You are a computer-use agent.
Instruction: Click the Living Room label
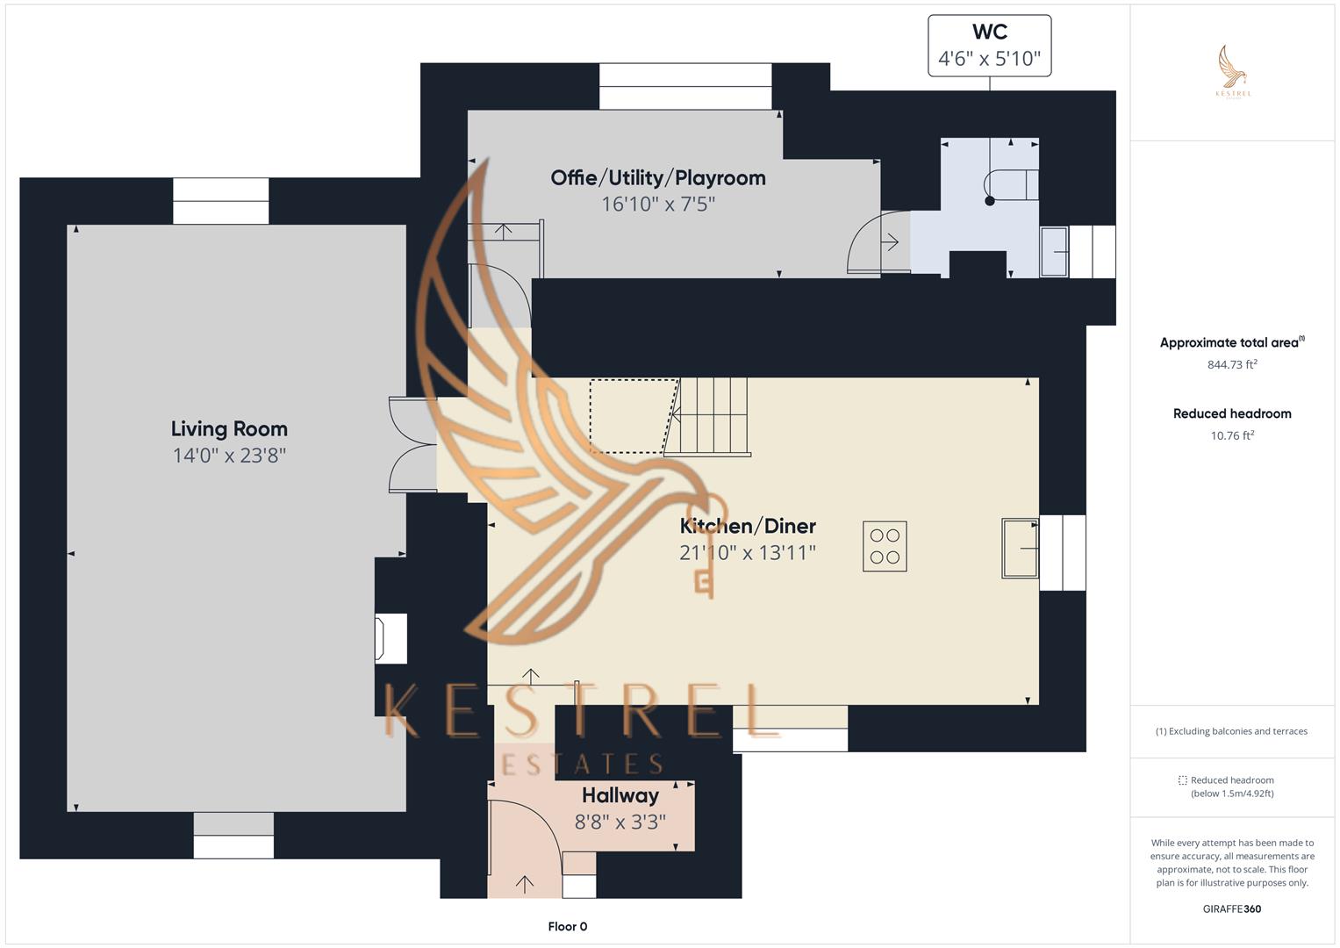pyautogui.click(x=229, y=429)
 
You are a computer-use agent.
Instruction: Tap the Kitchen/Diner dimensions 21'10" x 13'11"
pyautogui.click(x=748, y=553)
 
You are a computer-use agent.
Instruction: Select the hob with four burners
pyautogui.click(x=885, y=547)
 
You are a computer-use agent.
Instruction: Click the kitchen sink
pyautogui.click(x=1020, y=548)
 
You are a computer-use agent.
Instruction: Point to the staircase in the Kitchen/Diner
pyautogui.click(x=711, y=416)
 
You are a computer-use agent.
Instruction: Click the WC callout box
pyautogui.click(x=989, y=46)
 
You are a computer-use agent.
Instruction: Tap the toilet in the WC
pyautogui.click(x=1009, y=186)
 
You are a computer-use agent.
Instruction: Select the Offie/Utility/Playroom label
pyautogui.click(x=658, y=178)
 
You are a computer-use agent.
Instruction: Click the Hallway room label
pyautogui.click(x=620, y=796)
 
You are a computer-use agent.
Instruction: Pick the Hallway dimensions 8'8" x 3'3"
pyautogui.click(x=620, y=822)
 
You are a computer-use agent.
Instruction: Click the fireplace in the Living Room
pyautogui.click(x=391, y=638)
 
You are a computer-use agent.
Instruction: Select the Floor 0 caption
pyautogui.click(x=568, y=927)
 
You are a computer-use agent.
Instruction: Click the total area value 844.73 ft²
pyautogui.click(x=1232, y=365)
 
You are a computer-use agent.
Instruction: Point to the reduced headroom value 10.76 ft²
pyautogui.click(x=1232, y=436)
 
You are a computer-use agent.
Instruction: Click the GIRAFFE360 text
pyautogui.click(x=1231, y=909)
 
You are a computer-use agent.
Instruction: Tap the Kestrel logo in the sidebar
pyautogui.click(x=1233, y=72)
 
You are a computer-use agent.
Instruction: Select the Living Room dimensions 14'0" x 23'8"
pyautogui.click(x=229, y=456)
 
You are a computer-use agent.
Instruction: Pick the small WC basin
pyautogui.click(x=1054, y=252)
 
